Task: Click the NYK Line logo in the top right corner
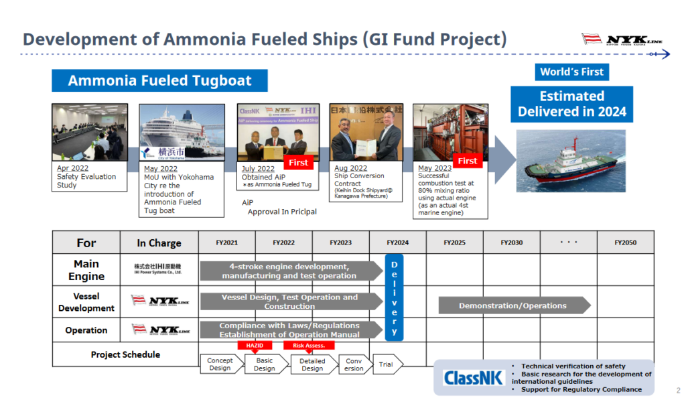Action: click(622, 40)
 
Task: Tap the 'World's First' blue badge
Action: click(572, 72)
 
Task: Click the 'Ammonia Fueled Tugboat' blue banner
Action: click(159, 81)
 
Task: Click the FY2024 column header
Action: click(397, 242)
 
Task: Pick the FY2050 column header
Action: click(625, 242)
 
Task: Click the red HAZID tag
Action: click(255, 346)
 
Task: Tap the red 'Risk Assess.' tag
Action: click(309, 346)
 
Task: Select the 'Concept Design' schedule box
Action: click(219, 364)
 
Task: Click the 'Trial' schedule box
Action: click(386, 364)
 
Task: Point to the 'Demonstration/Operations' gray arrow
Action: click(513, 305)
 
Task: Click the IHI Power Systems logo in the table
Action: click(159, 269)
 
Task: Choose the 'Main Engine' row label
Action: click(86, 270)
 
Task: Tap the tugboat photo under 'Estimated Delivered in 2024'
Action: click(571, 160)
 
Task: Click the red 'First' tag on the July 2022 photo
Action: click(298, 162)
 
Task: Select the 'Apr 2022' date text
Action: click(73, 168)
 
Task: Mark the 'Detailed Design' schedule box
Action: click(312, 364)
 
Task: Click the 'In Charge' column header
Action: click(159, 243)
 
